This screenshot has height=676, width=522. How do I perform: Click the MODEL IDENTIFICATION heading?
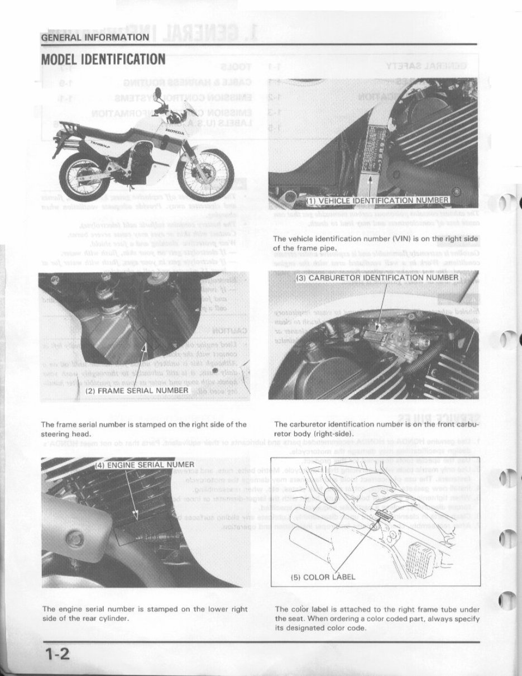coord(103,59)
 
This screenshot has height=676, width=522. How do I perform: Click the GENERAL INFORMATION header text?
coord(95,37)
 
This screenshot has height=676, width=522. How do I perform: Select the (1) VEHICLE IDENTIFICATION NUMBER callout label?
coord(378,201)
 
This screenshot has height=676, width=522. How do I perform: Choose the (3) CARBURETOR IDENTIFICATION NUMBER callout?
coord(376,277)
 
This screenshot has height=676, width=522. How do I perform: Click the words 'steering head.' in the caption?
coord(65,433)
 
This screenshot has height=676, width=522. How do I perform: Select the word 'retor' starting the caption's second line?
coord(284,433)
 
